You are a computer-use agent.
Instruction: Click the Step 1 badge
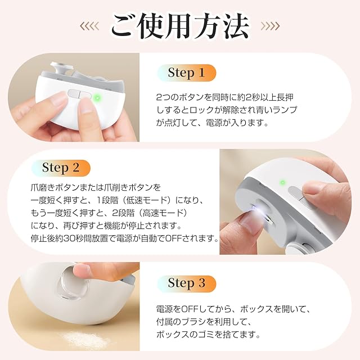(187, 73)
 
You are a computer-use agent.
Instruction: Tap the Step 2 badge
(61, 168)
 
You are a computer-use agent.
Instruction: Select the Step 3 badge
(187, 283)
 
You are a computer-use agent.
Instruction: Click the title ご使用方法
(180, 26)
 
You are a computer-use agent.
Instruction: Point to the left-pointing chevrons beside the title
(89, 26)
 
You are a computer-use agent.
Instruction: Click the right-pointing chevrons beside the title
(271, 26)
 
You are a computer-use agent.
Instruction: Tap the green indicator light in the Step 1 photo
(97, 98)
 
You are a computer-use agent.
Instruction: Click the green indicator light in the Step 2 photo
(283, 183)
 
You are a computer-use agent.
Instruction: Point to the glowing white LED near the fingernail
(255, 209)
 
